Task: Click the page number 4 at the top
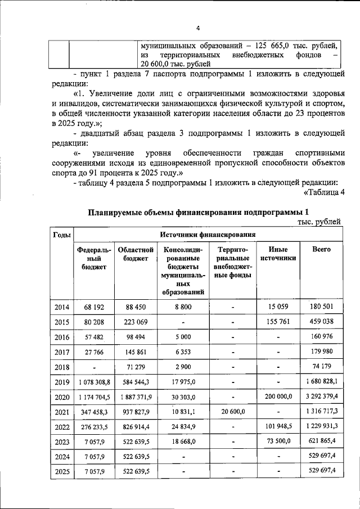click(198, 29)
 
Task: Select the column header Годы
click(61, 234)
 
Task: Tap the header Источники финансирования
click(208, 234)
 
